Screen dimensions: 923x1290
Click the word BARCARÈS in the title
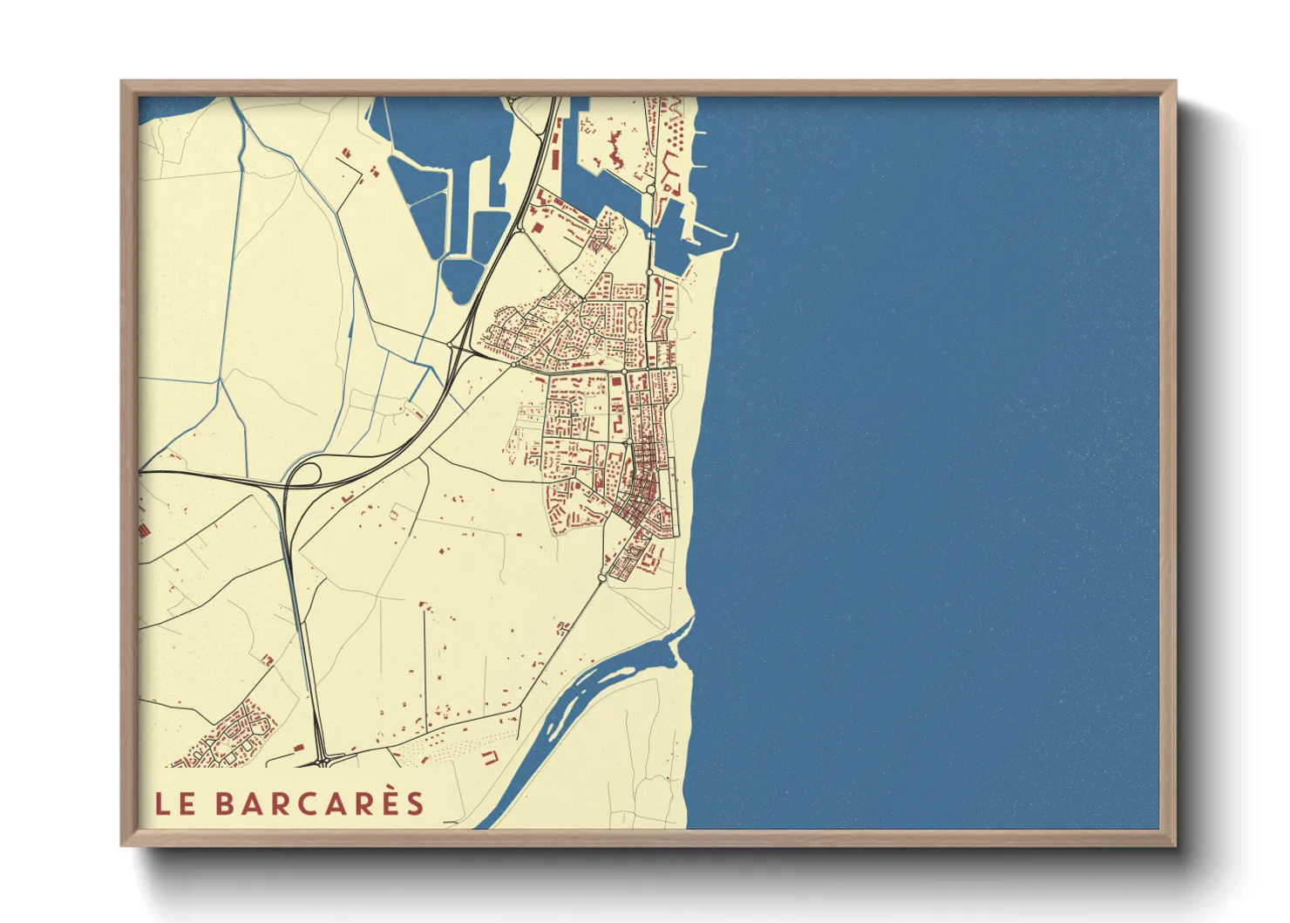[x=320, y=803]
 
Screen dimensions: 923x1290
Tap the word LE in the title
[x=175, y=804]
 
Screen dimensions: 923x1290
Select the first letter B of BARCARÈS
[x=225, y=804]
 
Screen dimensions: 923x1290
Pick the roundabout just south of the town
[x=602, y=578]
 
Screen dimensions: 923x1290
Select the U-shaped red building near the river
[x=490, y=756]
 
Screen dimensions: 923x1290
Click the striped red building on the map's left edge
[x=142, y=528]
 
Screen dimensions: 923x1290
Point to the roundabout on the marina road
[x=650, y=188]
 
